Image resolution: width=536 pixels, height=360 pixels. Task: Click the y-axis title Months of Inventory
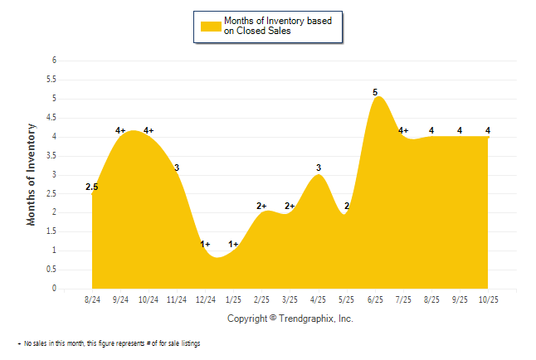[32, 174]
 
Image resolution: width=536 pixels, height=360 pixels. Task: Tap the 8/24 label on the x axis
[94, 299]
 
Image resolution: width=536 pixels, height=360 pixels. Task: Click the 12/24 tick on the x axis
[206, 299]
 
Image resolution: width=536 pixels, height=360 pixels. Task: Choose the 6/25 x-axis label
[375, 299]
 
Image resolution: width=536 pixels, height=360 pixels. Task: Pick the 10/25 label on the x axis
[487, 299]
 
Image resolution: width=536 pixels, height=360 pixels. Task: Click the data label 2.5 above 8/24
[92, 187]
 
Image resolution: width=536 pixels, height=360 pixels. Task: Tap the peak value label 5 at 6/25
[375, 92]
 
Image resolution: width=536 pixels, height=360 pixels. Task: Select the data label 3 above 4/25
[319, 168]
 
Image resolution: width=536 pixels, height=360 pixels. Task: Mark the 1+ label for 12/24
[206, 244]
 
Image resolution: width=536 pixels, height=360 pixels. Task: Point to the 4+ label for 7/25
[403, 130]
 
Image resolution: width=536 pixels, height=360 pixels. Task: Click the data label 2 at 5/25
[347, 206]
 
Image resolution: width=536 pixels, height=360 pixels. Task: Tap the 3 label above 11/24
[177, 168]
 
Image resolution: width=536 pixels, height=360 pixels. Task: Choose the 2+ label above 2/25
[262, 206]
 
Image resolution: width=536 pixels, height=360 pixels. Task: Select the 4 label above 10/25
[488, 130]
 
